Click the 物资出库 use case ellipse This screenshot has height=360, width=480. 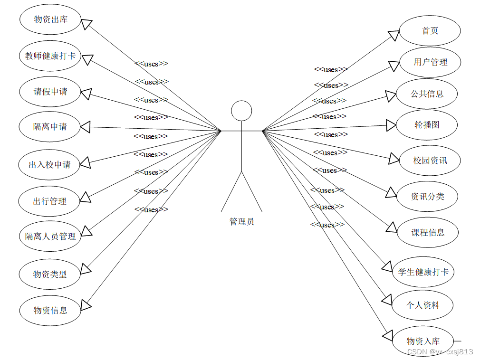(50, 19)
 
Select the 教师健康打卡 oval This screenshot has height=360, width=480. (50, 56)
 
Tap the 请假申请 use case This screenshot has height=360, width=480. (50, 92)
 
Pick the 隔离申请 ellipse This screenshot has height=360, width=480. (50, 127)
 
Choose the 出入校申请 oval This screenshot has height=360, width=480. (49, 165)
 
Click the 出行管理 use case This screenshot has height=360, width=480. (49, 201)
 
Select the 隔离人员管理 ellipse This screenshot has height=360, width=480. (50, 236)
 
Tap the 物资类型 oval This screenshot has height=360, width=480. (50, 274)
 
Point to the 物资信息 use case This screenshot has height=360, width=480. (50, 311)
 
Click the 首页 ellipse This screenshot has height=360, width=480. (430, 31)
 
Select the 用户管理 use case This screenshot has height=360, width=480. (430, 62)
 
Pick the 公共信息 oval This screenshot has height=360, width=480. (427, 94)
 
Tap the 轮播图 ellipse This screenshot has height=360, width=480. (427, 125)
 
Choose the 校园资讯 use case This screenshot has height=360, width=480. (430, 161)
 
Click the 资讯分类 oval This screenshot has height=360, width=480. (427, 196)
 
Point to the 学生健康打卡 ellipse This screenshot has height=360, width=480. (423, 272)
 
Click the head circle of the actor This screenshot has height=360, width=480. (241, 111)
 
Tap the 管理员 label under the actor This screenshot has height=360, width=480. (241, 222)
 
